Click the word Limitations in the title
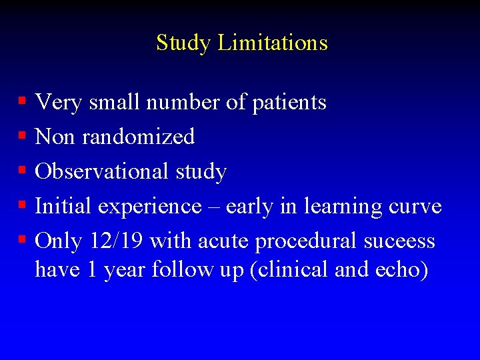click(x=273, y=43)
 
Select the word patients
click(x=289, y=103)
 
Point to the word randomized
click(x=138, y=137)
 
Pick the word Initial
click(x=63, y=206)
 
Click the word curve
click(x=413, y=207)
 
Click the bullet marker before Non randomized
click(x=22, y=136)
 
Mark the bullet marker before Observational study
click(x=22, y=171)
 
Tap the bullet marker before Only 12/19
click(x=22, y=240)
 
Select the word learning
click(x=340, y=207)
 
